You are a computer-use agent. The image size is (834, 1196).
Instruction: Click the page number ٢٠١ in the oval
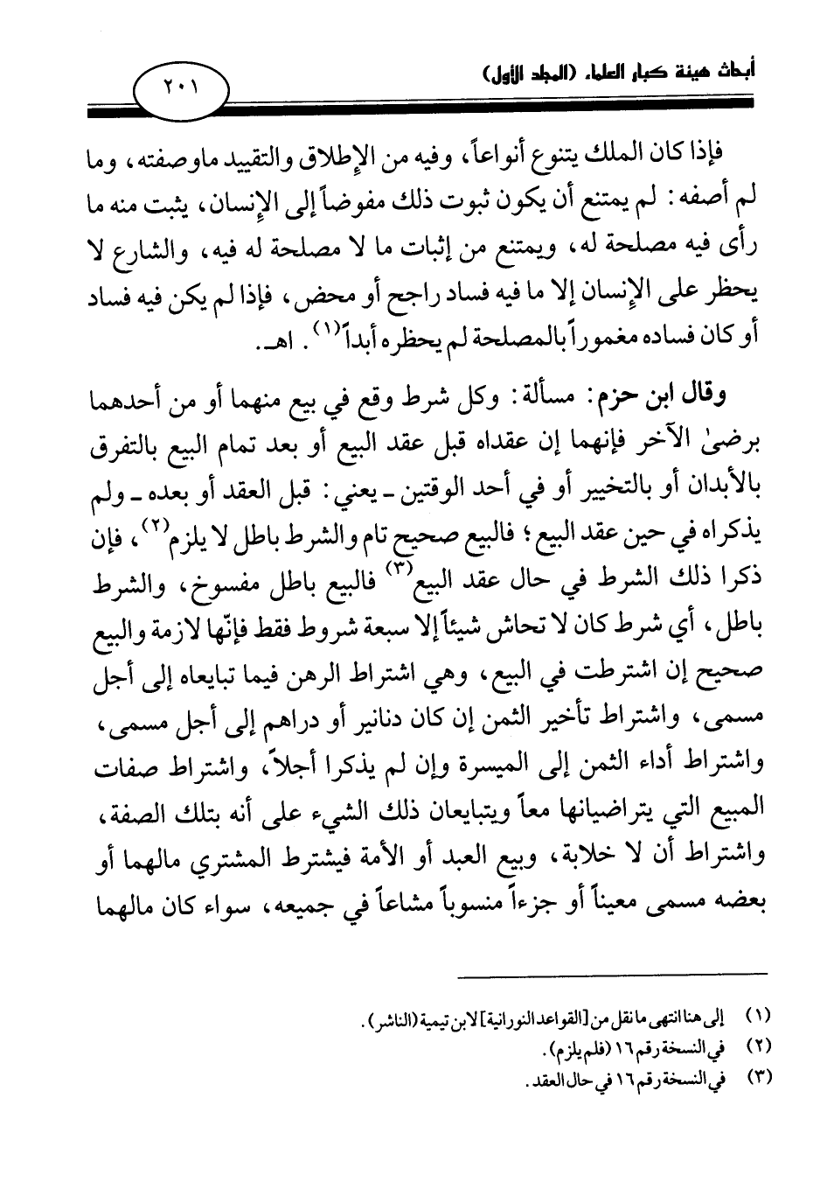coord(181,88)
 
